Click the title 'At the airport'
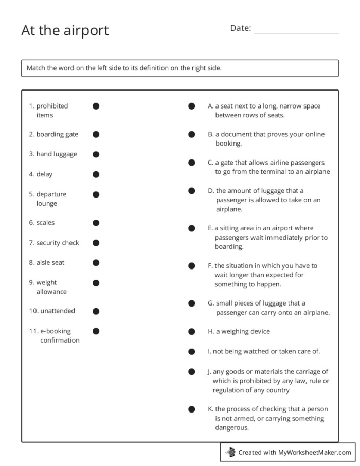(65, 30)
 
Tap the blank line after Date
(296, 30)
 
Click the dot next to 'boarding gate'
(96, 134)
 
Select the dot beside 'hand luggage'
(96, 154)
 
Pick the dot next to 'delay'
(96, 174)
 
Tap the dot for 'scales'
(96, 223)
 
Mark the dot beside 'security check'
(96, 243)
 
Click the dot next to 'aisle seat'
(96, 263)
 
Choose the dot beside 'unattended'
(96, 311)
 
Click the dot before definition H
(191, 332)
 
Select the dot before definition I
(191, 352)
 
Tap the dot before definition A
(191, 106)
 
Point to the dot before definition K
(191, 409)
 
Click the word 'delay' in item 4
(44, 174)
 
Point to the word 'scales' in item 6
(45, 223)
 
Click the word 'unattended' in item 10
(58, 311)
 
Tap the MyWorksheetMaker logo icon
(230, 453)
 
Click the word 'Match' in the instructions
(36, 68)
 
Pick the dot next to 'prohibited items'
(96, 106)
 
